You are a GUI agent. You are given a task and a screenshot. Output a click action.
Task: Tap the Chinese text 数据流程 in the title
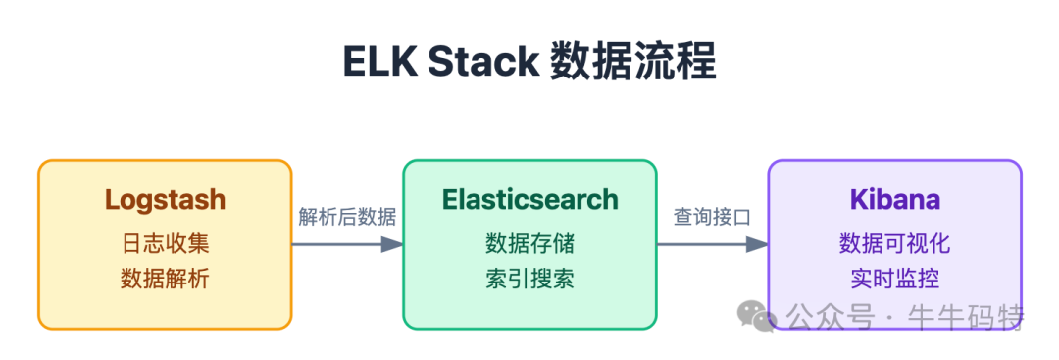point(632,62)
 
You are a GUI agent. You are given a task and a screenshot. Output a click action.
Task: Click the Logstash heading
point(165,200)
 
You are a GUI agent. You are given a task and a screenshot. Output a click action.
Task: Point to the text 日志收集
point(165,242)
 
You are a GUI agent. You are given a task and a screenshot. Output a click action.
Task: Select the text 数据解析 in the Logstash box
point(165,278)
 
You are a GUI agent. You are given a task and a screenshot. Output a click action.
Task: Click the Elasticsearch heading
point(529,200)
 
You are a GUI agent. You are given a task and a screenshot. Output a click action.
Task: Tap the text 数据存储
point(529,242)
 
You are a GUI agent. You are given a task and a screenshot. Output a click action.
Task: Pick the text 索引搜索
point(529,278)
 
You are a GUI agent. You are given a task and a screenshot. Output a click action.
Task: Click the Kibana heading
point(894,200)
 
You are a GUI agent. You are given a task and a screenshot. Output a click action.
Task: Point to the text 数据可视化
point(894,242)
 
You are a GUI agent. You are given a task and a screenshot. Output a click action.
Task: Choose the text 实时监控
point(894,278)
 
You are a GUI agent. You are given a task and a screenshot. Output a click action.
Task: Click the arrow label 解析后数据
point(347,217)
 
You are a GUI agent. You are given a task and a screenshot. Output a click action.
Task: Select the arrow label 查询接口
point(712,217)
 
